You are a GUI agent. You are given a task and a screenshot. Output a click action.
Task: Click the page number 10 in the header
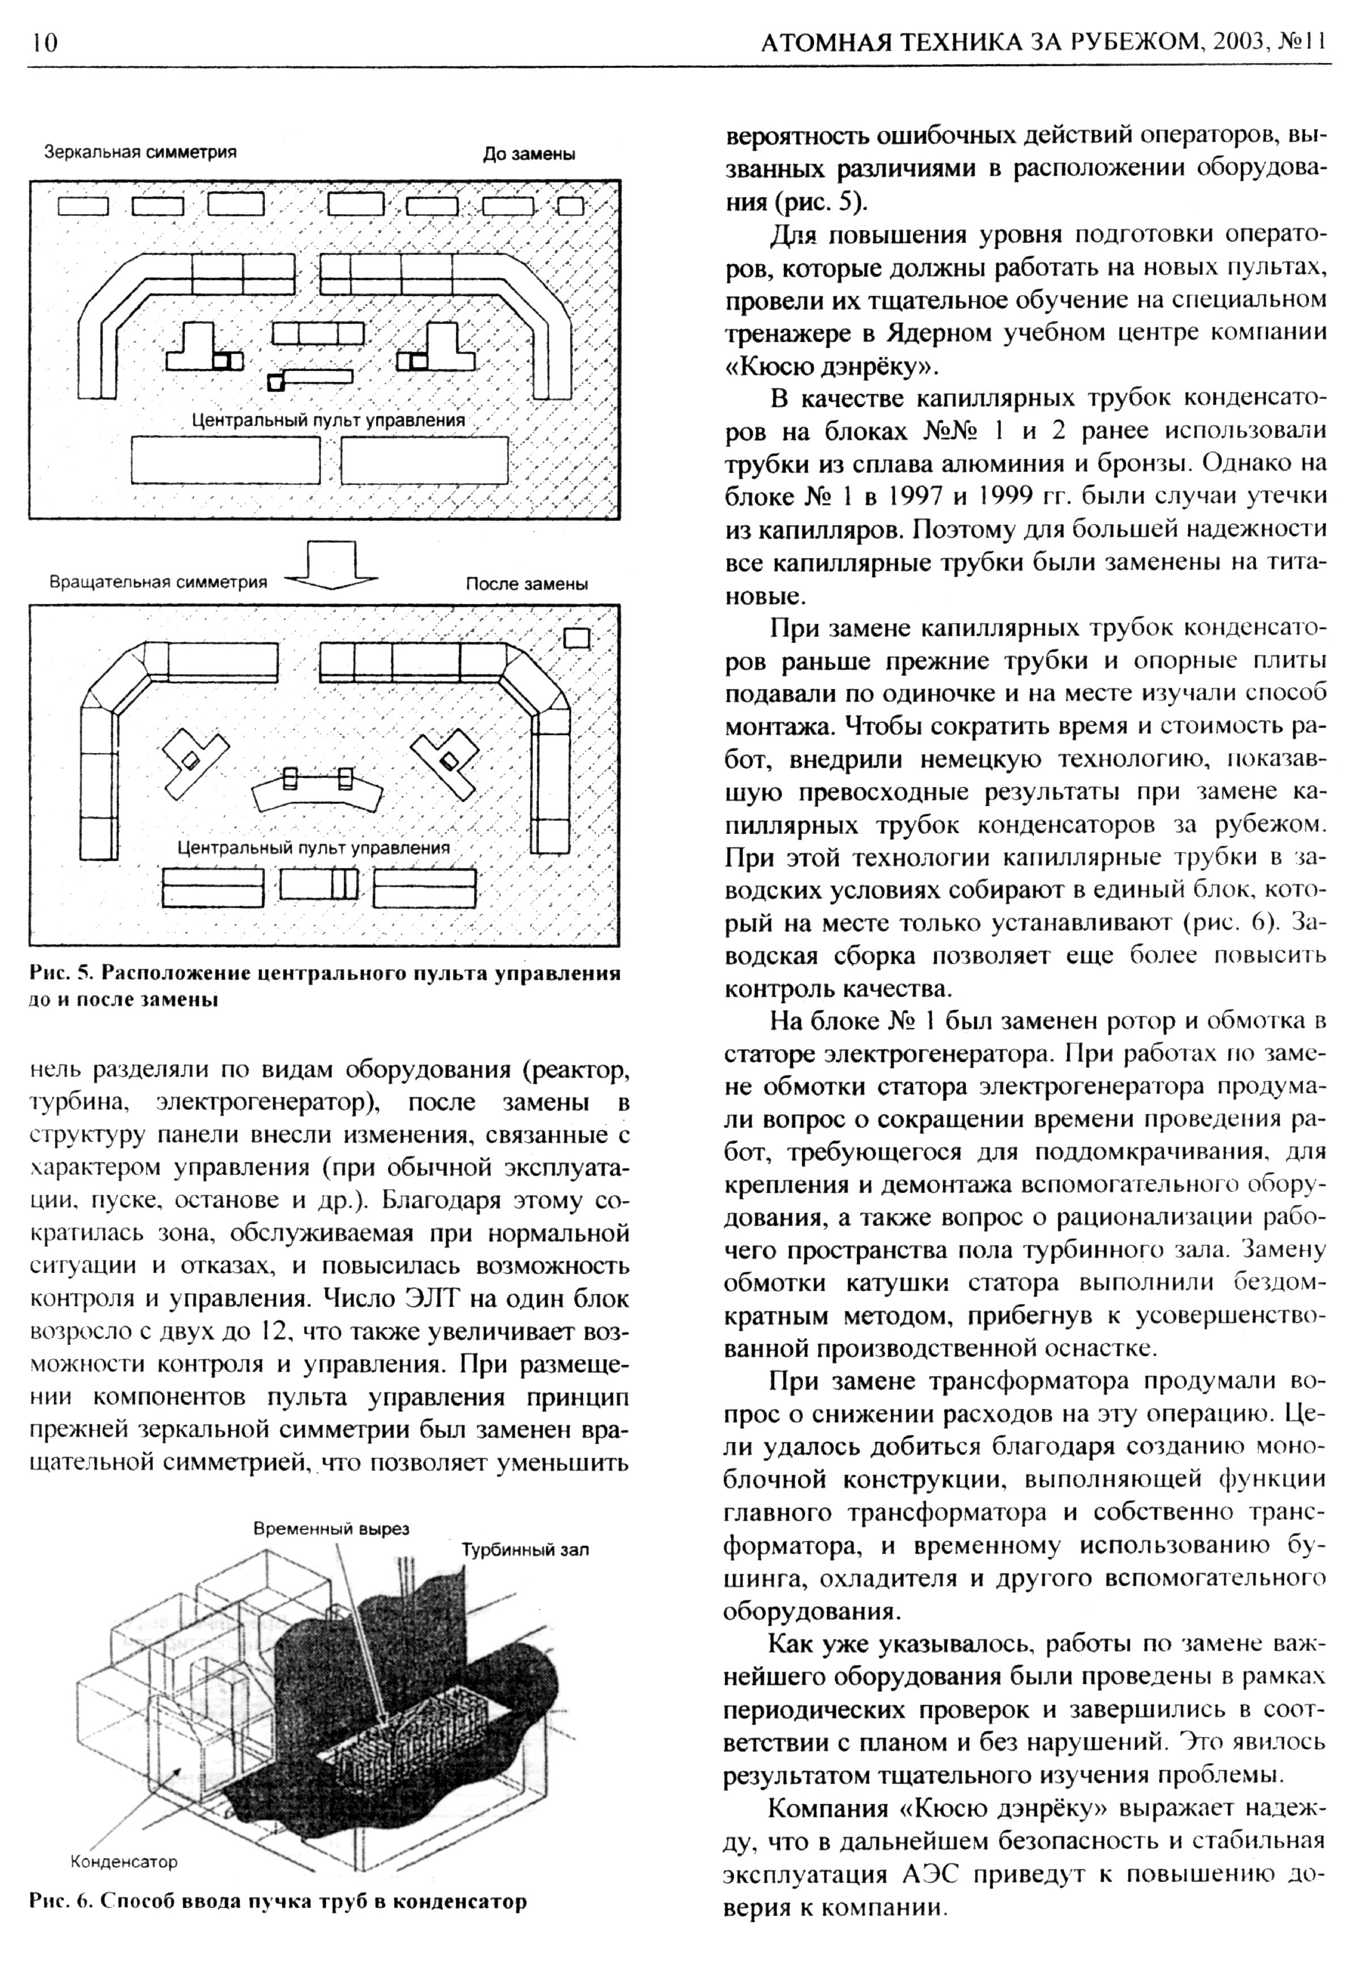(x=42, y=42)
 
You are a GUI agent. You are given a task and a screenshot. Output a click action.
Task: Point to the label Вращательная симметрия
(x=159, y=583)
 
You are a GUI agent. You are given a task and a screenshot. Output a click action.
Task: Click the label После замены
(x=526, y=585)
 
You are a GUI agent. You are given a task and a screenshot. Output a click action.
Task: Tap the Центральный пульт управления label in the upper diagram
(x=328, y=420)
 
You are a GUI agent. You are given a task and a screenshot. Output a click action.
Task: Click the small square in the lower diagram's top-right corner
(x=578, y=637)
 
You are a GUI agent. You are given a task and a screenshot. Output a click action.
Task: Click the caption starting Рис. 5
(x=323, y=986)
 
